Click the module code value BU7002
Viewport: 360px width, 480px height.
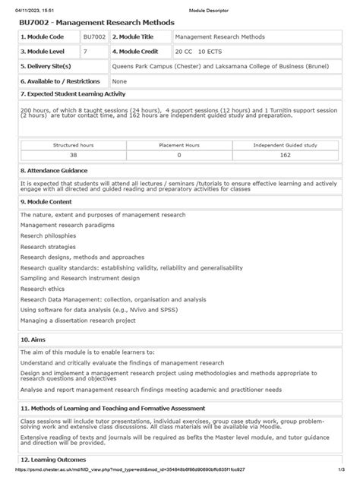93,36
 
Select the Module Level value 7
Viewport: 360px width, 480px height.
86,51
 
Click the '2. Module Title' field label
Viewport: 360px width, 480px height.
135,36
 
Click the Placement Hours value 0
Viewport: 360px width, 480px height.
179,154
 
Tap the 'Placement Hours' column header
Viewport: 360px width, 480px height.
179,144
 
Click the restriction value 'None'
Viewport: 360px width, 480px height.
119,80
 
